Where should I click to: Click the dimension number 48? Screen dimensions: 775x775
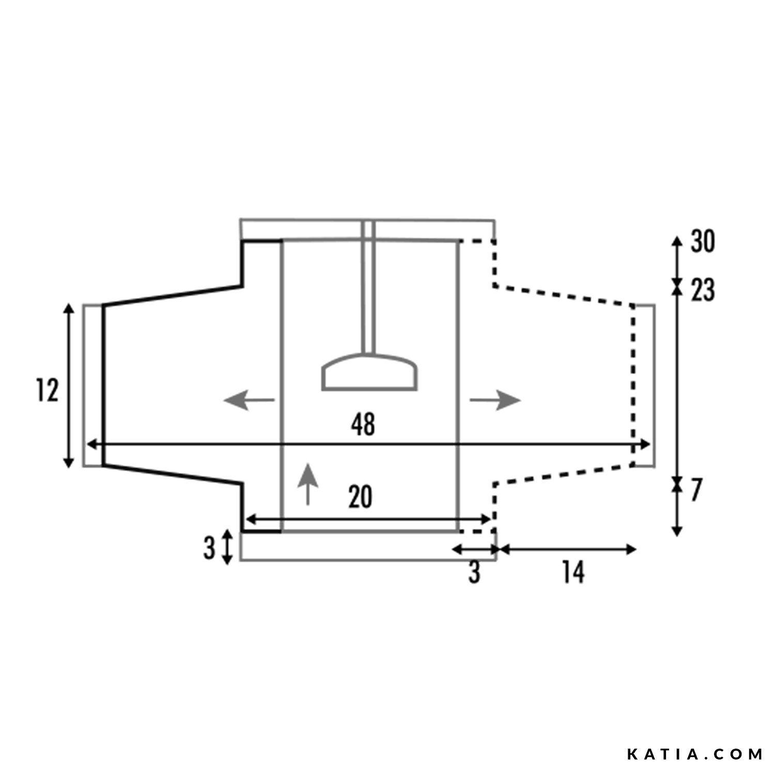tap(363, 425)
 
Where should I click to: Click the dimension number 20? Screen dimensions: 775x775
tap(360, 498)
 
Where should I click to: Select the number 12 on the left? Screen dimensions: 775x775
tap(47, 390)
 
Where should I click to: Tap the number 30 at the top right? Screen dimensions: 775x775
tap(703, 242)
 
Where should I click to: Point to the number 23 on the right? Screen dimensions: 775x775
tap(703, 290)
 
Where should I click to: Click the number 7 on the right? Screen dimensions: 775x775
tap(695, 491)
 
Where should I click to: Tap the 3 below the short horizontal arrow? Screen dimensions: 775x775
tap(474, 572)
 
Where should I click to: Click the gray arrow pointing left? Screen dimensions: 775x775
tap(249, 400)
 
